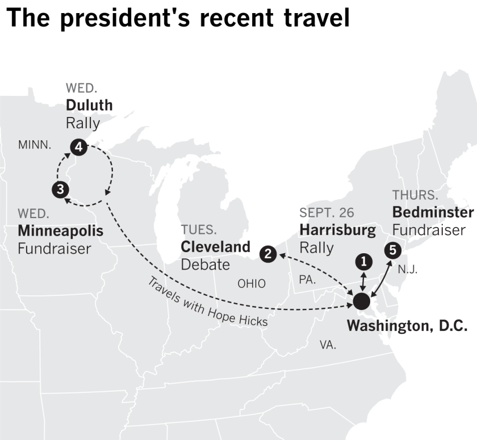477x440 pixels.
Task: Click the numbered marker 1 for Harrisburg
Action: coord(363,261)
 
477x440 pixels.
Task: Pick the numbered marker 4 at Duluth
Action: coord(78,148)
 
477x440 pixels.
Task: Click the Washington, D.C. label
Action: coord(407,326)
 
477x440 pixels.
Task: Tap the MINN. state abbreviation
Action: coord(35,145)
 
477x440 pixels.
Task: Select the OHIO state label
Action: coord(251,283)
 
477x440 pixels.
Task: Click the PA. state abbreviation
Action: coord(307,279)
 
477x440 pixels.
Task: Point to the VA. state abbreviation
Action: coord(328,345)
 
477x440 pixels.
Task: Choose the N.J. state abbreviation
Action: coord(407,270)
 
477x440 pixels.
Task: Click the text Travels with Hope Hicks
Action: coord(207,302)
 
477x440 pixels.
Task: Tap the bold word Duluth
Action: coord(89,105)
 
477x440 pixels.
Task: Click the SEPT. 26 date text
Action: coord(327,213)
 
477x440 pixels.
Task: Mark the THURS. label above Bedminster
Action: coord(415,195)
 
